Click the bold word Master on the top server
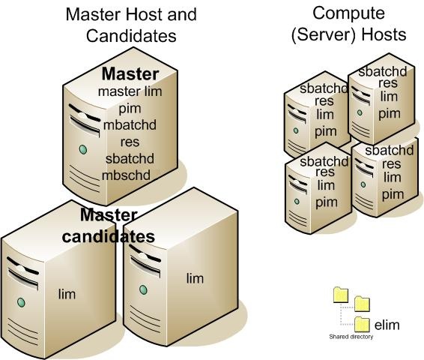(x=130, y=74)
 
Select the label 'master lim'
(x=130, y=91)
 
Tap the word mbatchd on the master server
(x=130, y=125)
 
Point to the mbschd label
(x=126, y=175)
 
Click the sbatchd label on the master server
(x=130, y=158)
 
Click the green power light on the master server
(x=83, y=149)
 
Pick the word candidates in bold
(x=108, y=236)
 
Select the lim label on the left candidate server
(x=67, y=294)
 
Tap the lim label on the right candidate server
(x=195, y=278)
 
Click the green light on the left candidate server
(x=21, y=302)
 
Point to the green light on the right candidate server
(x=143, y=289)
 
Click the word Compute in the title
(x=348, y=14)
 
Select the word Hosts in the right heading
(x=384, y=34)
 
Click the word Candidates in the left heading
(x=131, y=36)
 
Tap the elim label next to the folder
(x=387, y=325)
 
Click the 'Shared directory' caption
(x=351, y=337)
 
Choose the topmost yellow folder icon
(x=341, y=295)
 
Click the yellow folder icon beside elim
(x=362, y=324)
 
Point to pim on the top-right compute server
(x=389, y=114)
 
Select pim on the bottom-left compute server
(x=327, y=202)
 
